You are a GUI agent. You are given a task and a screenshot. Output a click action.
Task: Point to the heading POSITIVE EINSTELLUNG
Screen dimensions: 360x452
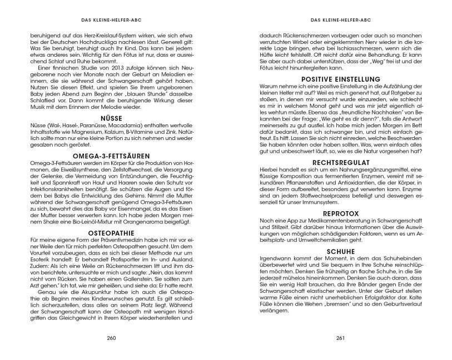point(337,79)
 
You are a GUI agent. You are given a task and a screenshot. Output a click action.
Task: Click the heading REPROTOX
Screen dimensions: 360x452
point(337,213)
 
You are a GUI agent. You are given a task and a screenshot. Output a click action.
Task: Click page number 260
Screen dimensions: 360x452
point(114,337)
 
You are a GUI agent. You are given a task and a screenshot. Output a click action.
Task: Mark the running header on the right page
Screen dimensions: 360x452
point(337,17)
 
